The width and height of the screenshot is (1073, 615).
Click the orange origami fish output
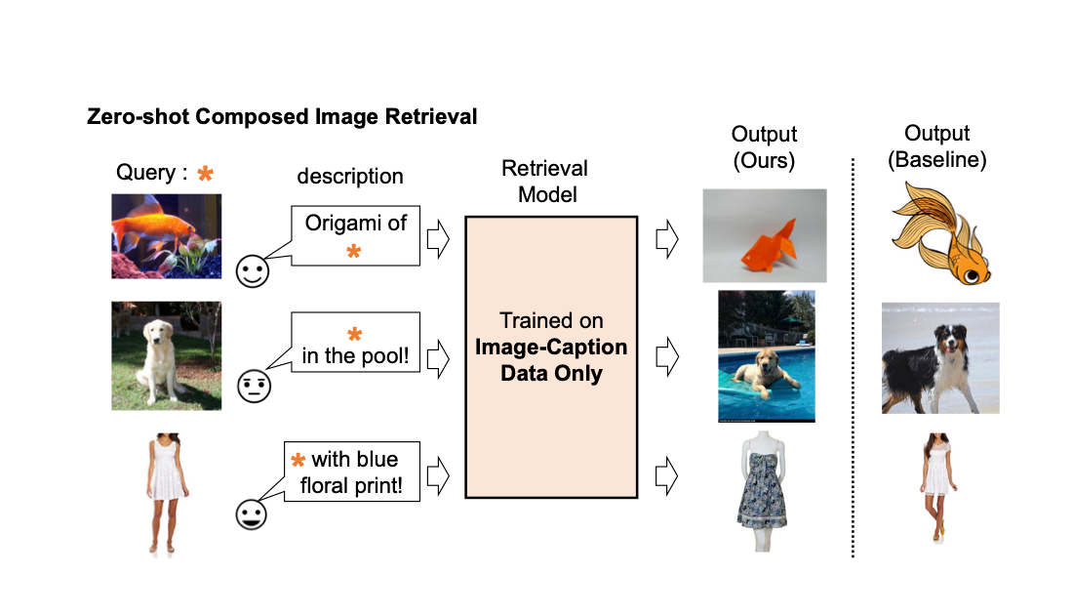coord(765,235)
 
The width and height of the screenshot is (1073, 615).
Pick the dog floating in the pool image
coord(766,356)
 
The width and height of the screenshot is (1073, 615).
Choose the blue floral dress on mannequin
coord(767,494)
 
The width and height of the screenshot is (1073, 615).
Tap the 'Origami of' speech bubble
coord(356,235)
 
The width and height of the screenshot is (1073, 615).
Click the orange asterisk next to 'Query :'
coord(205,174)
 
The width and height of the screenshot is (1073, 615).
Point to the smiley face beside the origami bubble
coord(254,270)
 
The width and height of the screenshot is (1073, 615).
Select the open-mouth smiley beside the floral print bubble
coord(253,513)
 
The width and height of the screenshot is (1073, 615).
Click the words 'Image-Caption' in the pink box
coord(551,347)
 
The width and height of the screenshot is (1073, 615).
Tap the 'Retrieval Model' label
coord(546,181)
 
